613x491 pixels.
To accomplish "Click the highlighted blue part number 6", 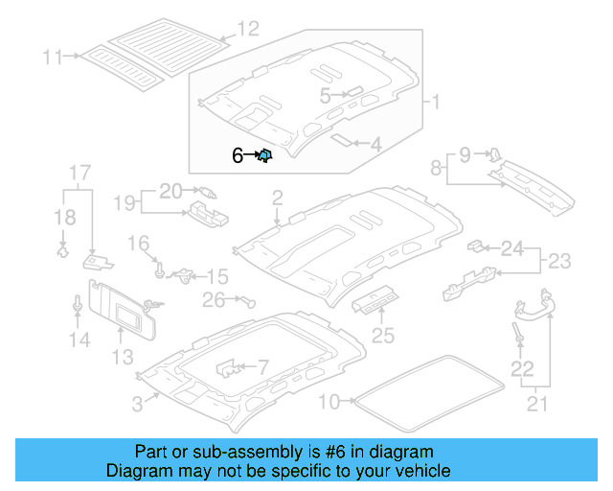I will click(265, 154).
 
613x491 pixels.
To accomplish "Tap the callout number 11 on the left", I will click(52, 58).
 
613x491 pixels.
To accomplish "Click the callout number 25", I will click(382, 336).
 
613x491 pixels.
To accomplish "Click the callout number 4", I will click(375, 145).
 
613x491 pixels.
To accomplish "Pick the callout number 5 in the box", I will click(325, 95).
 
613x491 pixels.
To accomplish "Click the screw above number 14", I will click(77, 305).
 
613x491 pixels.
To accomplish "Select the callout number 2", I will click(277, 199).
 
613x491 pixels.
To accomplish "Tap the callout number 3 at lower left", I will click(138, 405).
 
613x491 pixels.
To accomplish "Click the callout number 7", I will click(264, 366).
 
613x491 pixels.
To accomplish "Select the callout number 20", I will click(170, 190).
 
